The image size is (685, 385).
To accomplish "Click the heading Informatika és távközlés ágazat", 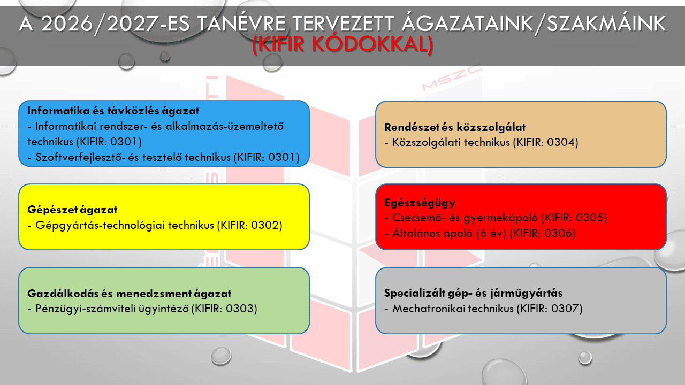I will (x=113, y=112).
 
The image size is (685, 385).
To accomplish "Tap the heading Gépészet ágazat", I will (x=72, y=210).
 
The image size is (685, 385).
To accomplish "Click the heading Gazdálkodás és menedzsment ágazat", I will (x=130, y=294).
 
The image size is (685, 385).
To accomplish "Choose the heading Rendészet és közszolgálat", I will (x=455, y=127).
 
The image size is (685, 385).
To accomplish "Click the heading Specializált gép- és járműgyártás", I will (x=474, y=294).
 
